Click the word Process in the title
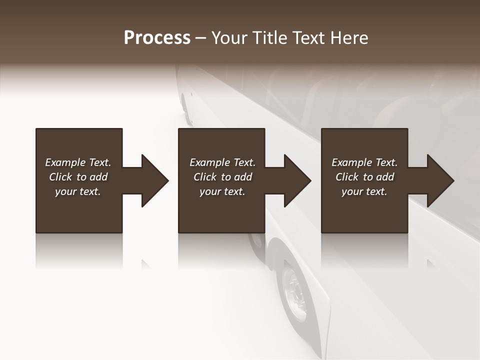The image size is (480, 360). (x=157, y=38)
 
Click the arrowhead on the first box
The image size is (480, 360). (x=155, y=180)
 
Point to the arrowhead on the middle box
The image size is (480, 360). (x=297, y=180)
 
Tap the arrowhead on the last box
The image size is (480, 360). (x=440, y=180)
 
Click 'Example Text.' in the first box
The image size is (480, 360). (x=78, y=162)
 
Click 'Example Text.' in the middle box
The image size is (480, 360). (x=222, y=162)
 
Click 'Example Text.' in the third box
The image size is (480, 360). (x=364, y=162)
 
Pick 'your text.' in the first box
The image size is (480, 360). (x=78, y=191)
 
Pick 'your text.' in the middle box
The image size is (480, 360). (x=222, y=191)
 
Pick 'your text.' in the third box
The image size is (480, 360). (x=364, y=191)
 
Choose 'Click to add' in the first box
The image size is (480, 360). (x=78, y=177)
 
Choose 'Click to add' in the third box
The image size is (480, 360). (x=364, y=177)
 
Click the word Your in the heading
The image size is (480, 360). (x=229, y=38)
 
